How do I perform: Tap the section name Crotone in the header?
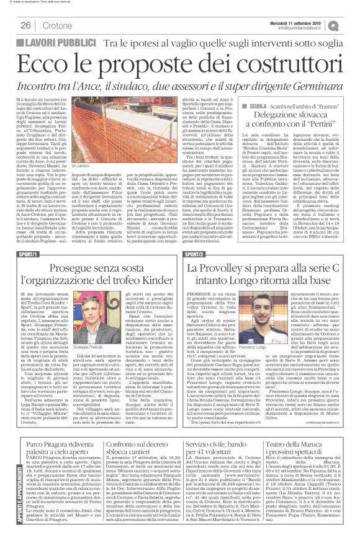[x=58, y=25]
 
